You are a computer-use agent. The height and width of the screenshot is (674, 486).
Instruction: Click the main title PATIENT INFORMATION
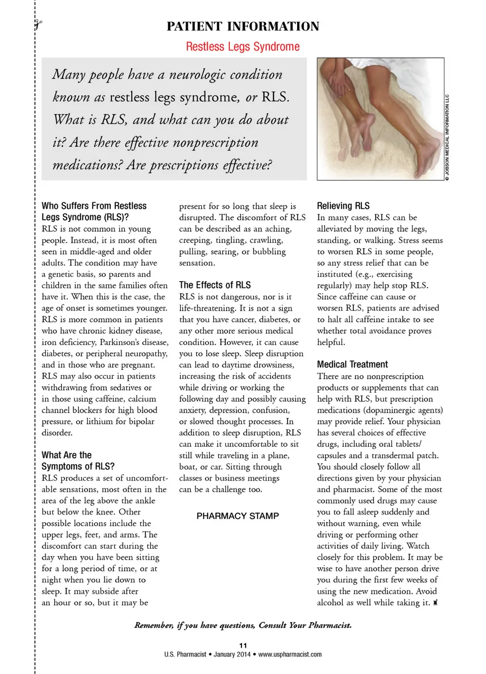pyautogui.click(x=243, y=26)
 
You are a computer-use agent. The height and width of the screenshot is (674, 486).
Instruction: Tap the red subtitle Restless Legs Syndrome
pyautogui.click(x=242, y=47)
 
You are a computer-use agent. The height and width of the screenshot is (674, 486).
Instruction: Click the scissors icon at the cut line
pyautogui.click(x=38, y=23)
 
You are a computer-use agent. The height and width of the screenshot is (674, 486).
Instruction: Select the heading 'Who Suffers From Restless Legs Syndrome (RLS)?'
pyautogui.click(x=94, y=212)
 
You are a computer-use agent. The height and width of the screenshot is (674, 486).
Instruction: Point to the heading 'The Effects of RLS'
pyautogui.click(x=215, y=285)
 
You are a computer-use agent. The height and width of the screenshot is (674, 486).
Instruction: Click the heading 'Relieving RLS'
pyautogui.click(x=343, y=206)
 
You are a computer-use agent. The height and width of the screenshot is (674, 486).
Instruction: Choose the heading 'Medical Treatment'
pyautogui.click(x=352, y=364)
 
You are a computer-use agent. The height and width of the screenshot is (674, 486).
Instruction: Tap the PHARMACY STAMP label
pyautogui.click(x=237, y=516)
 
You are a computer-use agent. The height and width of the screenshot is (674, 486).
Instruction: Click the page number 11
pyautogui.click(x=243, y=645)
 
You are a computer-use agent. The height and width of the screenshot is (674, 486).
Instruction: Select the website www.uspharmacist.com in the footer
pyautogui.click(x=290, y=654)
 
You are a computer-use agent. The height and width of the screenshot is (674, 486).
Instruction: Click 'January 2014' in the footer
pyautogui.click(x=232, y=654)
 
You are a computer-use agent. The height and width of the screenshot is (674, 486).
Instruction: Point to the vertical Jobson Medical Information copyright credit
pyautogui.click(x=448, y=137)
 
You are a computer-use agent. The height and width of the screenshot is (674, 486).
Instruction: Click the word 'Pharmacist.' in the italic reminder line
pyautogui.click(x=330, y=625)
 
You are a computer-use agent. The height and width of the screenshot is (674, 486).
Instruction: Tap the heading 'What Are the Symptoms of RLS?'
pyautogui.click(x=78, y=461)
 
